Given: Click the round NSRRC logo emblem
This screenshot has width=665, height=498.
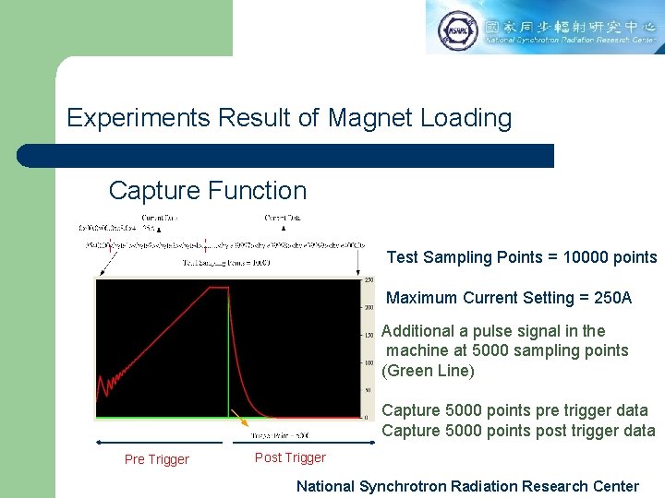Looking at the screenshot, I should (457, 30).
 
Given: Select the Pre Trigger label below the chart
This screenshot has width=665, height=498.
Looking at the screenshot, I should (156, 459).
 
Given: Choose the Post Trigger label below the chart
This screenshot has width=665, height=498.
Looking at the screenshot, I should (290, 457).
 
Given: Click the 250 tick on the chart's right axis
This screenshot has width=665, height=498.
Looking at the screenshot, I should (368, 279).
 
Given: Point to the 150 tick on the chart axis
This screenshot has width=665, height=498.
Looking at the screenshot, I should (368, 335).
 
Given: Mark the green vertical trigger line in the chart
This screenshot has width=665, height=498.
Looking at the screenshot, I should (228, 369).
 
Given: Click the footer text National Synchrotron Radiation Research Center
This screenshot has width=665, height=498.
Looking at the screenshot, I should (467, 486).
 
